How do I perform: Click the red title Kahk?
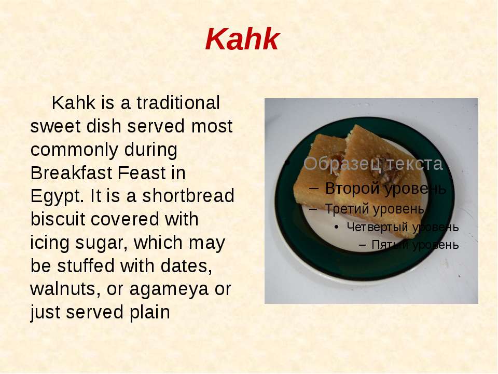click(242, 39)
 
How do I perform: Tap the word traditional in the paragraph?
click(178, 103)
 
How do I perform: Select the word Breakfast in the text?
click(71, 173)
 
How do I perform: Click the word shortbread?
click(188, 196)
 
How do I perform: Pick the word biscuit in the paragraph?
click(58, 219)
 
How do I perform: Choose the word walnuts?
click(65, 289)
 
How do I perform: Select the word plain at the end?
click(149, 313)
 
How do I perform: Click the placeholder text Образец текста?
click(373, 164)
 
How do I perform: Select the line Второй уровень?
click(385, 188)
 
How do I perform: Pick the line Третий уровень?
click(375, 209)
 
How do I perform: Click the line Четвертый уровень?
click(403, 227)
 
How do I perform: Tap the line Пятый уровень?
click(415, 245)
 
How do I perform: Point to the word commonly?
click(104, 150)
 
